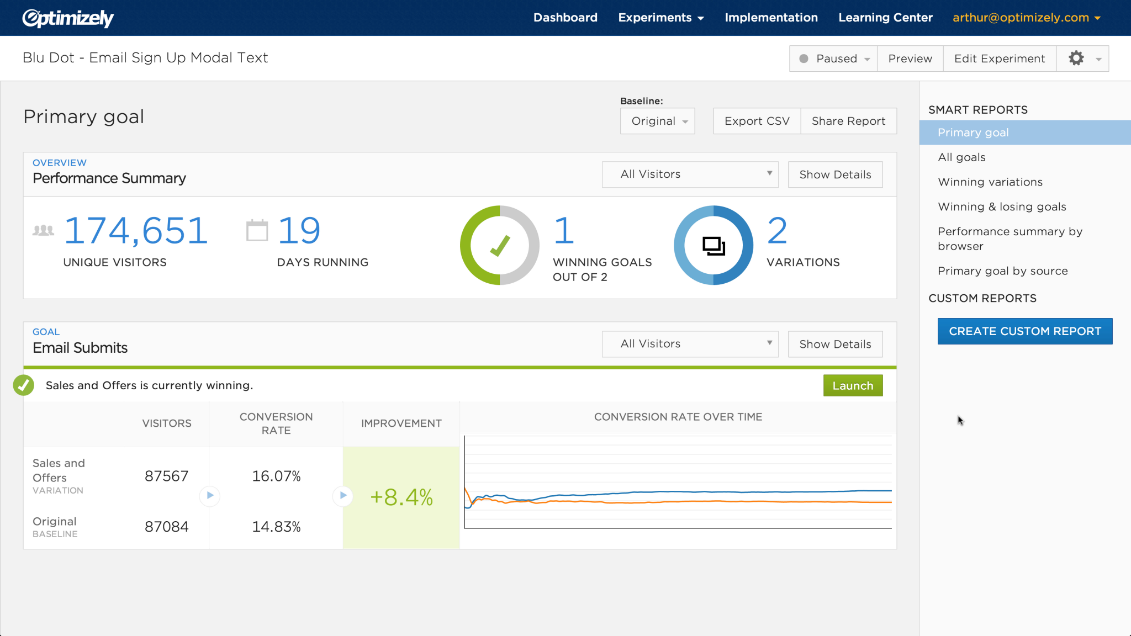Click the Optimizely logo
click(68, 18)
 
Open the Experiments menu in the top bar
click(660, 18)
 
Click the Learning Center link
click(885, 18)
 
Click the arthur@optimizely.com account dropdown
click(1026, 18)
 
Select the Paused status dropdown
click(833, 59)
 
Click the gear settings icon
click(1076, 59)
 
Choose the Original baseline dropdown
click(657, 121)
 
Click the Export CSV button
click(757, 121)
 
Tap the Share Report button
click(848, 121)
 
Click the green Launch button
click(853, 386)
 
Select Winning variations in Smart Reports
click(990, 182)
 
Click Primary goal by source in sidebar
click(1002, 271)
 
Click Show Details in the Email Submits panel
click(835, 344)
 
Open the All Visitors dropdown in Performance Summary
click(690, 174)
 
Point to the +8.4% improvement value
click(401, 497)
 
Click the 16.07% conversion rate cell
click(276, 476)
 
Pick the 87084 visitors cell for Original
click(166, 527)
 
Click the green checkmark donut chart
click(499, 246)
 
